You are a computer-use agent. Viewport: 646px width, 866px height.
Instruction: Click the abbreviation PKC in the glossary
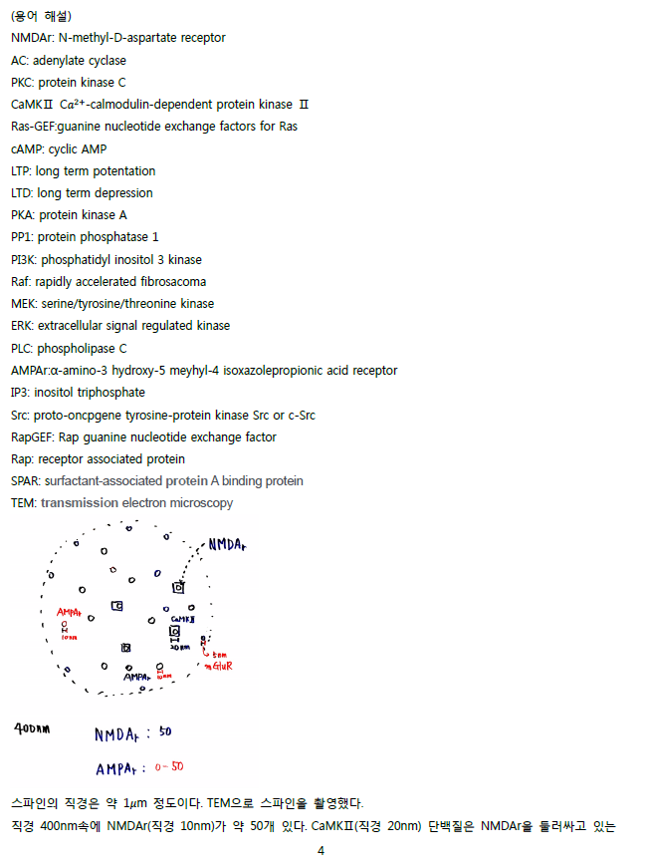(x=22, y=83)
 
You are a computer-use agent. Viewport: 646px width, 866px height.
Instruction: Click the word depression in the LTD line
(x=124, y=194)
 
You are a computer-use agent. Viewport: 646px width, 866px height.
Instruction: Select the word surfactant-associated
(x=104, y=481)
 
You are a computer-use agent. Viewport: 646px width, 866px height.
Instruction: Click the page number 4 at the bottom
(x=322, y=850)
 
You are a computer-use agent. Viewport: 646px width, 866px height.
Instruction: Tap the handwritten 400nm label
(x=32, y=729)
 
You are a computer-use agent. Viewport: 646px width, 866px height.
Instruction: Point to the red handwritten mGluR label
(x=219, y=666)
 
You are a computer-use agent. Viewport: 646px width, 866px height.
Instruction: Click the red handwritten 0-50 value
(x=169, y=766)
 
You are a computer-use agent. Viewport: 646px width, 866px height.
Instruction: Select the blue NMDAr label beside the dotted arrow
(x=227, y=545)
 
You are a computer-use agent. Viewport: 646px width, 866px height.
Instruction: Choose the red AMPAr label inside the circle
(x=69, y=613)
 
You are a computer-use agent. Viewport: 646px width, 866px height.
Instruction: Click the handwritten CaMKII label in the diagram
(x=183, y=620)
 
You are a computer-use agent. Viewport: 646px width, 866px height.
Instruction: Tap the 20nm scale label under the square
(x=180, y=647)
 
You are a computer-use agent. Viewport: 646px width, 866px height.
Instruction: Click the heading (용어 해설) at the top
(x=42, y=16)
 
